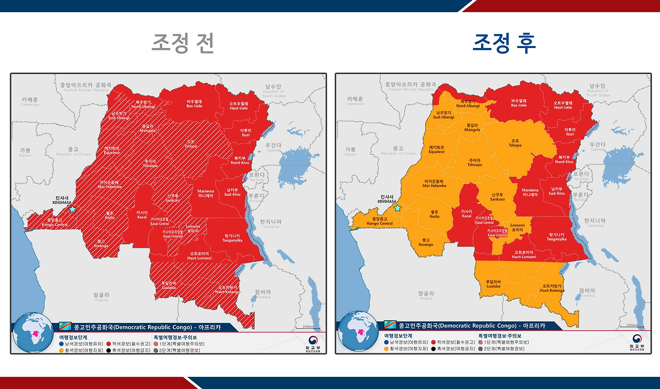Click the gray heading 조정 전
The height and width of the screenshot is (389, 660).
click(x=183, y=43)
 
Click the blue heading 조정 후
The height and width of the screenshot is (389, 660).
click(x=504, y=43)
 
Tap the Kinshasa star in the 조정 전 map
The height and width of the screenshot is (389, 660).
click(x=72, y=209)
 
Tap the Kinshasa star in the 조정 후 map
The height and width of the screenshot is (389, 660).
click(x=397, y=208)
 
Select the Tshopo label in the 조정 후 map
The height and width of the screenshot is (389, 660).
click(x=515, y=143)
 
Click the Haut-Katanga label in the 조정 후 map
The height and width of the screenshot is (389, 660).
click(x=552, y=288)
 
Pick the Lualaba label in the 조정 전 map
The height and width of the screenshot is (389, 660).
click(x=169, y=285)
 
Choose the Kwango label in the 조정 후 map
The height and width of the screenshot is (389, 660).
click(x=426, y=242)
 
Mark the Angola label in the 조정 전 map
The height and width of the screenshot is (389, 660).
click(x=101, y=297)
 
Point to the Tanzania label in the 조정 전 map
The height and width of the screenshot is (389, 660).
click(x=270, y=223)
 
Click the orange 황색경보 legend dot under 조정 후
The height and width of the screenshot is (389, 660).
click(x=387, y=349)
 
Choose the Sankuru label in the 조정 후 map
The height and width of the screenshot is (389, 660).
click(x=497, y=197)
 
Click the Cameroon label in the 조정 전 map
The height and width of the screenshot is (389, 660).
click(x=30, y=101)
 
